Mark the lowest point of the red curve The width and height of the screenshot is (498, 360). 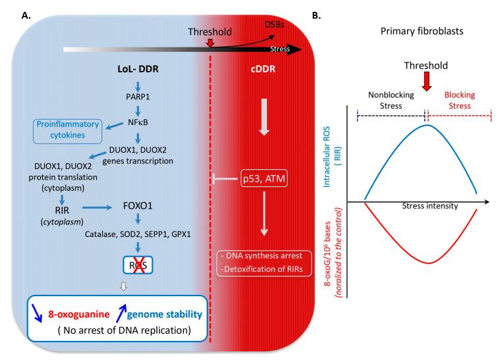(x=422, y=264)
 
